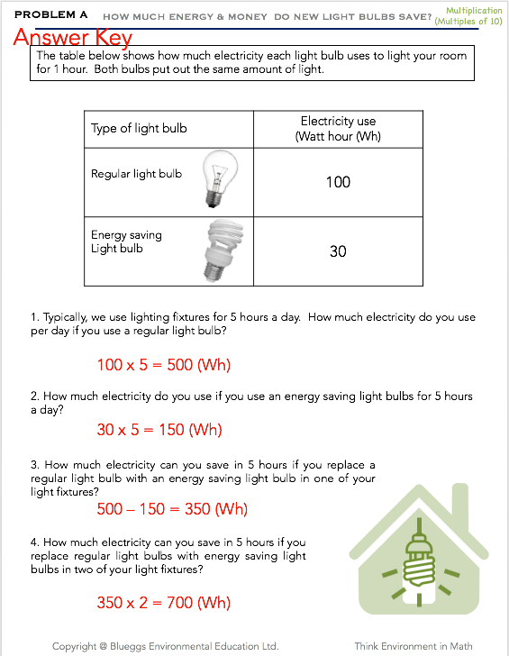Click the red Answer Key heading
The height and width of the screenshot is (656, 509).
[x=73, y=37]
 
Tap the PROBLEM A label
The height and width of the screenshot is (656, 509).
[x=51, y=14]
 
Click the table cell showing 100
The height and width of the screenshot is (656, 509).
[x=338, y=182]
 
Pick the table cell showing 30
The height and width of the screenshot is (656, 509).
[x=338, y=251]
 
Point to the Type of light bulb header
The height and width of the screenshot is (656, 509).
[x=139, y=129]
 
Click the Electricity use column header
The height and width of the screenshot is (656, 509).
[x=338, y=129]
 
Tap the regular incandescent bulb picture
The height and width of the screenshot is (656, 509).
[x=221, y=179]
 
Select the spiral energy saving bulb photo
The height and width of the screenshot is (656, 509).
[x=223, y=251]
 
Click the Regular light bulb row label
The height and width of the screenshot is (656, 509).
[x=136, y=174]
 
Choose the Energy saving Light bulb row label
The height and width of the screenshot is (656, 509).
[x=126, y=241]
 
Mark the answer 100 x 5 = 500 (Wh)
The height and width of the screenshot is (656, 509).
[x=164, y=365]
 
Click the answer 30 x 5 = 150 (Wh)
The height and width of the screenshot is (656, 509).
[x=159, y=430]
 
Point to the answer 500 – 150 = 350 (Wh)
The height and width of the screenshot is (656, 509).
[x=172, y=509]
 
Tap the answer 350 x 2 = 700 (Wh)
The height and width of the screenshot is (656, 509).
[x=164, y=603]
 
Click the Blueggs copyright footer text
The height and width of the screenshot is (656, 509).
[x=165, y=646]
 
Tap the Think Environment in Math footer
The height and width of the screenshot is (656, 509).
[x=414, y=646]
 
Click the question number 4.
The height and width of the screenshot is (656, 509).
[x=35, y=542]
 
